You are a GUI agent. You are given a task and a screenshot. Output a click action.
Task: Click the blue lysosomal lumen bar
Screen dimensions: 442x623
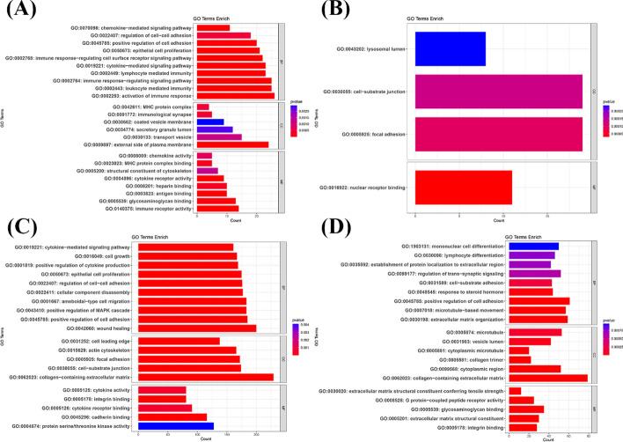pyautogui.click(x=450, y=48)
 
